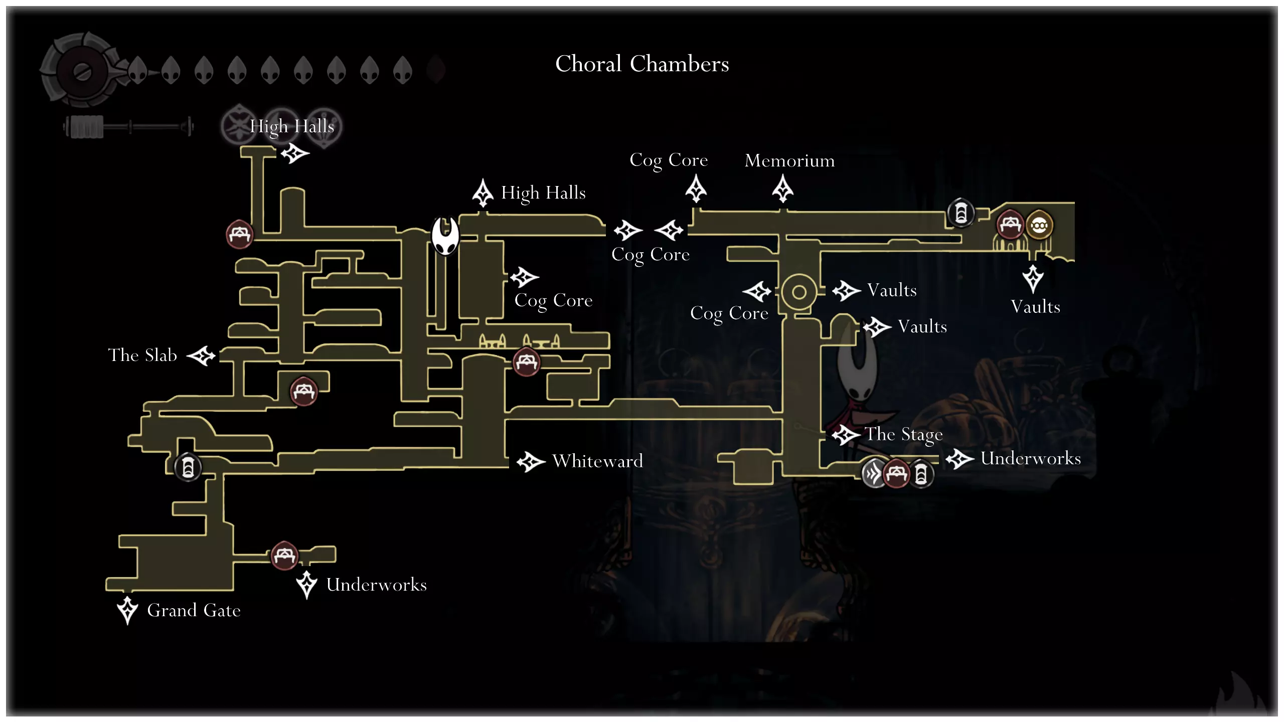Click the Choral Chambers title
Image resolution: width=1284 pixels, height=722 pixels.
tap(642, 64)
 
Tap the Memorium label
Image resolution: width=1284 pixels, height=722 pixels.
tap(789, 160)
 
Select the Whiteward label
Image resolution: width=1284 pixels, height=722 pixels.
tap(597, 461)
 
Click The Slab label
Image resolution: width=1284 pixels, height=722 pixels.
tap(142, 355)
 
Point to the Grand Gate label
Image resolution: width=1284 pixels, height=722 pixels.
tap(194, 610)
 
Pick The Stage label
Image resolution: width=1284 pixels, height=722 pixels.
tap(904, 434)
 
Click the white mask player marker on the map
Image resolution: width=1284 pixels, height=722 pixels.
tap(445, 235)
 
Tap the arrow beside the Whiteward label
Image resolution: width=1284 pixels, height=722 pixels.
tap(530, 461)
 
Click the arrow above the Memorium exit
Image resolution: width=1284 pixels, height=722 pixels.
tap(782, 189)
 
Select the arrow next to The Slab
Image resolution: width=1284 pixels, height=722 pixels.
tap(201, 355)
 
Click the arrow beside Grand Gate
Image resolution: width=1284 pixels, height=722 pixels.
tap(127, 610)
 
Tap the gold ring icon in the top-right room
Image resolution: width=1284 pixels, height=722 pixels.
tap(1039, 226)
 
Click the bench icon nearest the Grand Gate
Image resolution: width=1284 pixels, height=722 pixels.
tap(284, 556)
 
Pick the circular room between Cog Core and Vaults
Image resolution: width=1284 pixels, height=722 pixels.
tap(799, 292)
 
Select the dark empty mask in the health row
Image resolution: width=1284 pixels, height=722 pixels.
tap(436, 70)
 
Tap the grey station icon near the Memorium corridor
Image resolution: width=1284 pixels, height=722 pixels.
tap(960, 213)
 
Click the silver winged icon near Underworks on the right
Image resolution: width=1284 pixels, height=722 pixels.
tap(873, 473)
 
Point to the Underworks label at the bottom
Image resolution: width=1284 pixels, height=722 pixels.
tap(376, 585)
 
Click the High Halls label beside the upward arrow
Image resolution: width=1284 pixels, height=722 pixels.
tap(543, 193)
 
